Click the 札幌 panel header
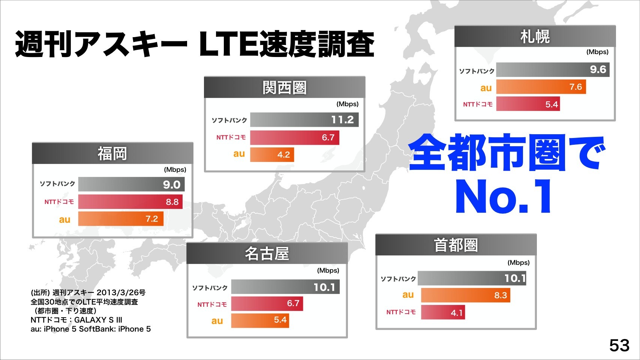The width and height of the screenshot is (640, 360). point(535,36)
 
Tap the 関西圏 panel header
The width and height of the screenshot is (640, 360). point(284,87)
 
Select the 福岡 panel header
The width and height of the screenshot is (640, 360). point(112,153)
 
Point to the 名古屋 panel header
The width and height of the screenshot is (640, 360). point(267,253)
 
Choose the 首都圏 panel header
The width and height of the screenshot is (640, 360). point(456,245)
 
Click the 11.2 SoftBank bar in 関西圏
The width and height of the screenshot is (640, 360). point(304,120)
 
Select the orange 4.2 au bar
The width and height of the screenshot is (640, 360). point(272,154)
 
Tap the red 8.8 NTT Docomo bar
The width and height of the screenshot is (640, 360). point(130,202)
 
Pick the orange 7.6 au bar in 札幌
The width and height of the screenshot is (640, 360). point(541,87)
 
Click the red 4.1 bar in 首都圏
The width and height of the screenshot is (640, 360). point(443,312)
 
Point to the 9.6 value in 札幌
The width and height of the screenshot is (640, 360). point(598,69)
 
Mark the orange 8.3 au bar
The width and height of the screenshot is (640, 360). point(465,295)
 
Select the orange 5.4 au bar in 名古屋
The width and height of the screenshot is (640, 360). point(260,320)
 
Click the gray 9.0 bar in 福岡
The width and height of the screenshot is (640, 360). point(131,184)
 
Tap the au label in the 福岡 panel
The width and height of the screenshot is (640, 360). point(64,219)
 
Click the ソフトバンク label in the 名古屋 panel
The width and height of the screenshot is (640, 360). point(210,288)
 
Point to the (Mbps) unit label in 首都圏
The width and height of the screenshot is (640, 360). point(519,262)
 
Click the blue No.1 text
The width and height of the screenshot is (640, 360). point(504,196)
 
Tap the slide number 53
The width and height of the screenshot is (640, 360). point(619,345)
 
